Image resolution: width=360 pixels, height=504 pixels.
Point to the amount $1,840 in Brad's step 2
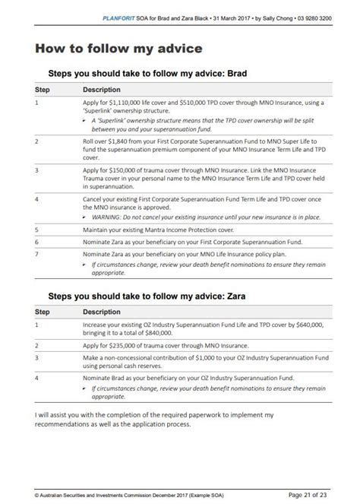[122, 143]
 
